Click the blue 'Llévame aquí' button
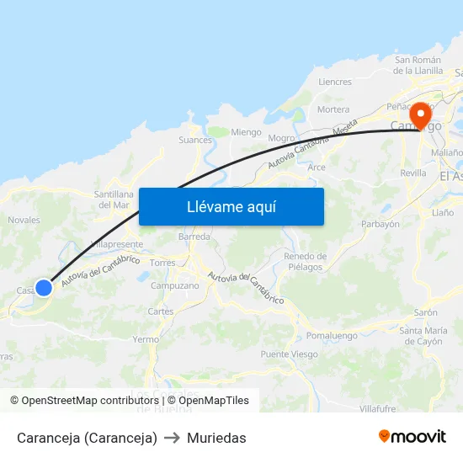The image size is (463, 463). [231, 206]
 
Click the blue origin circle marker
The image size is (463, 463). [44, 288]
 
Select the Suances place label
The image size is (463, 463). [195, 140]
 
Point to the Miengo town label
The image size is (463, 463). [246, 132]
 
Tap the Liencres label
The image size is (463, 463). [335, 82]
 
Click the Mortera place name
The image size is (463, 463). [333, 109]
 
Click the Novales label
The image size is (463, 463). [24, 221]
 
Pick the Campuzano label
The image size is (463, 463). [174, 285]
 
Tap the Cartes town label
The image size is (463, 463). [161, 311]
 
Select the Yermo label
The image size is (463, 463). [146, 339]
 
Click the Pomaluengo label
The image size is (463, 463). [332, 335]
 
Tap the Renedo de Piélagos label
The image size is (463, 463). [305, 262]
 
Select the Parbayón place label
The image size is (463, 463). [380, 225]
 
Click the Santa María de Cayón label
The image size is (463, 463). [423, 336]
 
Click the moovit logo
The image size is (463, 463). [412, 437]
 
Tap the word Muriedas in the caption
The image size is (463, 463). [216, 438]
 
